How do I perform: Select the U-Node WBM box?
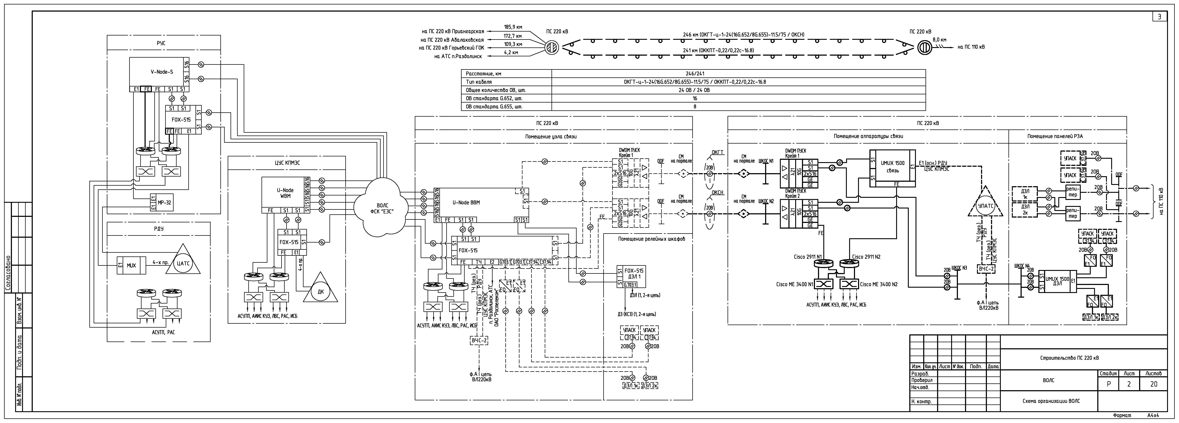point(285,193)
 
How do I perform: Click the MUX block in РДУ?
point(131,265)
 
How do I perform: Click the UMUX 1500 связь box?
point(893,167)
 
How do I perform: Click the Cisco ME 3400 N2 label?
point(879,285)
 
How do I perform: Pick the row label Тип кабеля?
point(478,82)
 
